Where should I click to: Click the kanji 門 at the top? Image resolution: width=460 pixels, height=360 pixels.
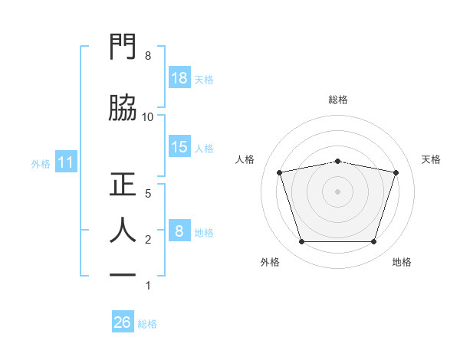coord(123,46)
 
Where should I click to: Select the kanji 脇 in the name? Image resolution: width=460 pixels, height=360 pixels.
coord(123,107)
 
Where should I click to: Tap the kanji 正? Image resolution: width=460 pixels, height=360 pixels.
coord(123,184)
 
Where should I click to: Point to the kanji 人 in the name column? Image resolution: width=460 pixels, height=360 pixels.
coord(123,230)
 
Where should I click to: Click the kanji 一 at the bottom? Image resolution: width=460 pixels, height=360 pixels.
coord(123,275)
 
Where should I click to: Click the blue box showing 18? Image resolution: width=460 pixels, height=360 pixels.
coord(179,77)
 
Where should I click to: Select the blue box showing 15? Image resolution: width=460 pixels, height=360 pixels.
coord(179,146)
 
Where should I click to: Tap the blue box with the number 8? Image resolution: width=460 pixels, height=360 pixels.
coord(179,230)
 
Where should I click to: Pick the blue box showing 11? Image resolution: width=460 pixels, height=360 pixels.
coord(66,162)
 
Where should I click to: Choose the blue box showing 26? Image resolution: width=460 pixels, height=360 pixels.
coord(123,321)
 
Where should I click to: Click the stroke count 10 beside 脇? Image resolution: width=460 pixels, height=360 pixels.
coord(147,117)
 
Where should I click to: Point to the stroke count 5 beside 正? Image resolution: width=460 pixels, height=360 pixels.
coord(148,194)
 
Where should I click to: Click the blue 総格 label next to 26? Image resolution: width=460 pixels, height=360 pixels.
coord(147,324)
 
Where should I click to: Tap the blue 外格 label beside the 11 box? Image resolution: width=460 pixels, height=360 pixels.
coord(41,164)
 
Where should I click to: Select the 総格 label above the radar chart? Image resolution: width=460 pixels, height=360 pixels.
coord(338,100)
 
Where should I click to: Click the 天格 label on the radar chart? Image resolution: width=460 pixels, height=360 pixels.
coord(431,159)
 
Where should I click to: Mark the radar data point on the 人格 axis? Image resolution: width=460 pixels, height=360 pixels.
coord(279,172)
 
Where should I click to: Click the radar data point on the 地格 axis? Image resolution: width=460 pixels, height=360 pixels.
coord(374,242)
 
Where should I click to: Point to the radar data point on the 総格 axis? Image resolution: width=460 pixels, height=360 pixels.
coord(338,162)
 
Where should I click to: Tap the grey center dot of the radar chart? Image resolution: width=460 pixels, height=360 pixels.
coord(337,191)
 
